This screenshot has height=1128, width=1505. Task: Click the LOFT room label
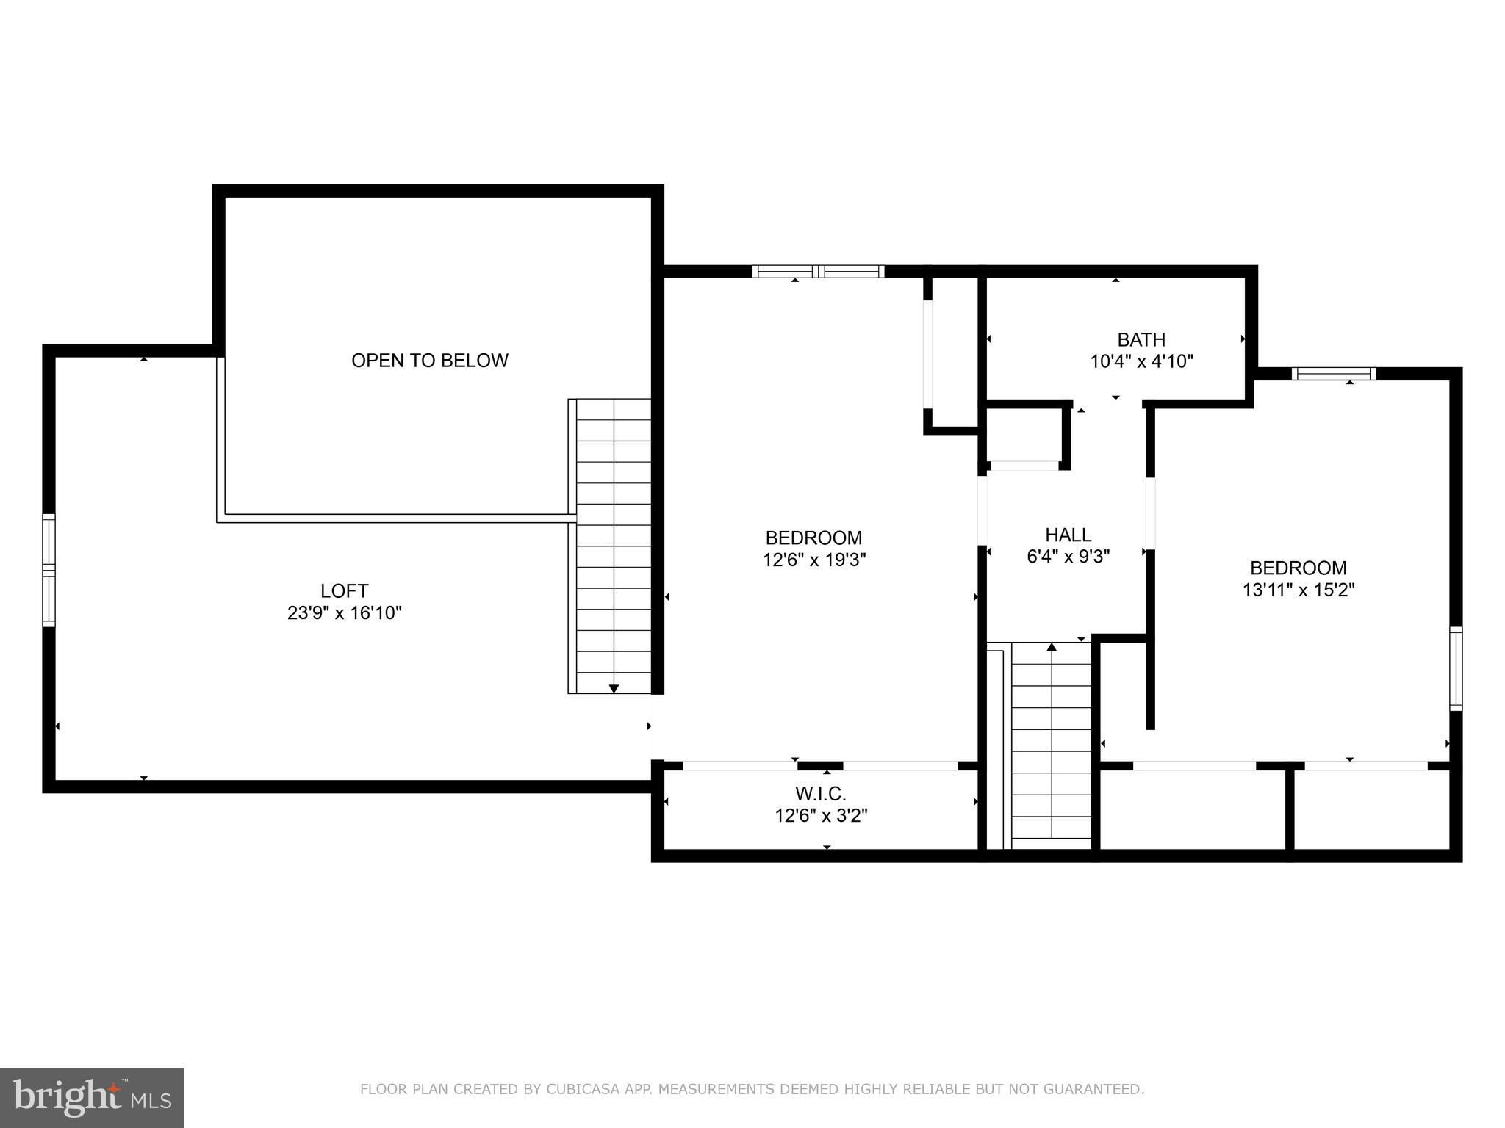point(344,590)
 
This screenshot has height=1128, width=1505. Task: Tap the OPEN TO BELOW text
point(429,361)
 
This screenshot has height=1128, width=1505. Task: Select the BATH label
point(1141,339)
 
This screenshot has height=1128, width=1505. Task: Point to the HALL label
point(1068,535)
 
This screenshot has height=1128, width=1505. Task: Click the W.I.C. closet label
point(821,794)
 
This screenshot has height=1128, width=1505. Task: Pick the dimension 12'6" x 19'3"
point(814,560)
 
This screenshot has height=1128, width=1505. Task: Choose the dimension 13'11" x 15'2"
point(1299,590)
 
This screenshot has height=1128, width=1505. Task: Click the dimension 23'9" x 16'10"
point(344,612)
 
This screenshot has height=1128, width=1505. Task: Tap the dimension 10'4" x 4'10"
point(1141,361)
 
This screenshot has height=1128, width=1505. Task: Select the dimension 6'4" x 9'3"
point(1068,557)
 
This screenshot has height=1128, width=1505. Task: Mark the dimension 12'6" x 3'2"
point(821,816)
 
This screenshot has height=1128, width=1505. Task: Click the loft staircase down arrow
point(614,687)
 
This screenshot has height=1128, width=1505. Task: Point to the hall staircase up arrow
point(1052,648)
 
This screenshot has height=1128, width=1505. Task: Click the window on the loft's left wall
point(49,570)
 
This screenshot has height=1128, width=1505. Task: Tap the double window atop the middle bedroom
point(818,272)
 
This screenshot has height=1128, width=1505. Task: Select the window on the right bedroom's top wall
point(1334,374)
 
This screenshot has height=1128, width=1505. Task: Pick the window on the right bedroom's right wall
point(1455,668)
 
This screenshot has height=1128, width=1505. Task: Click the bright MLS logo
point(91,1097)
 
